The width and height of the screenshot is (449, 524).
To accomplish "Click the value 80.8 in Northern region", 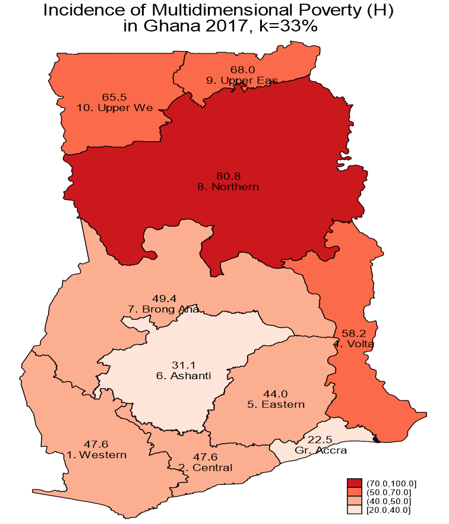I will [228, 176].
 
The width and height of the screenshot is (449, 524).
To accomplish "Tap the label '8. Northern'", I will [228, 187].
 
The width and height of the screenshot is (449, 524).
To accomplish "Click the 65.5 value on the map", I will [115, 97].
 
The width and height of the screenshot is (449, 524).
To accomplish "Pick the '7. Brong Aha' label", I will [163, 309].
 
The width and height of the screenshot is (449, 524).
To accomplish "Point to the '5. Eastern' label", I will [276, 405].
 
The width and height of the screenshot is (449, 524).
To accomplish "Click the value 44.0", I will [276, 394].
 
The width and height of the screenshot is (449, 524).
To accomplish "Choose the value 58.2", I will [354, 333].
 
